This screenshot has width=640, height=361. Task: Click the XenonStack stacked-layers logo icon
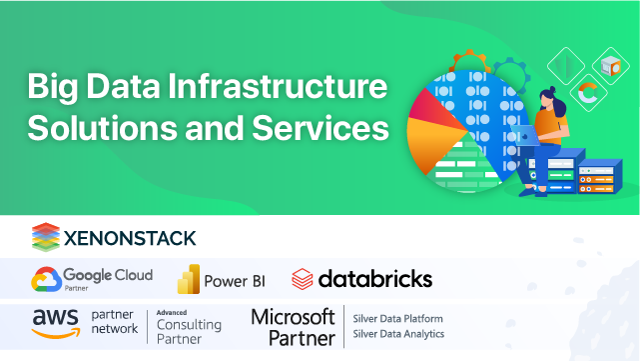(46, 236)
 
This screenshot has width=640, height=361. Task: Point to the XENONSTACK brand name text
(130, 237)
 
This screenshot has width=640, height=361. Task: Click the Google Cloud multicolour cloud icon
(46, 278)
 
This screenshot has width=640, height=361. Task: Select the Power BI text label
(233, 280)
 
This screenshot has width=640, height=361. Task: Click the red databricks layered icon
(303, 278)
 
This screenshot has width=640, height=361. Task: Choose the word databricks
(374, 278)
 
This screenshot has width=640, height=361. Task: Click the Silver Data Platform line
(397, 319)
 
